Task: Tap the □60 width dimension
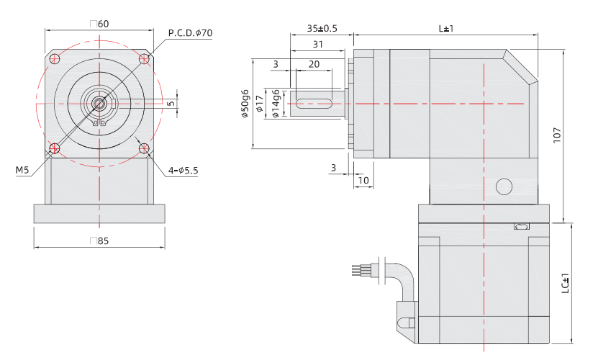[x=100, y=24]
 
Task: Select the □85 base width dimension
[x=100, y=241]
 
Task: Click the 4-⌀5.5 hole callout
[x=182, y=171]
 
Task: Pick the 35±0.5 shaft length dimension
[x=322, y=29]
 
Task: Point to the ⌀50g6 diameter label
[x=245, y=104]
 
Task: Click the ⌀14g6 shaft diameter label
[x=276, y=104]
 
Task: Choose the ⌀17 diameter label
[x=260, y=104]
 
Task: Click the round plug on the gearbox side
[x=504, y=187]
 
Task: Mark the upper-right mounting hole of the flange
[x=145, y=58]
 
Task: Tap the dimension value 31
[x=317, y=45]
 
